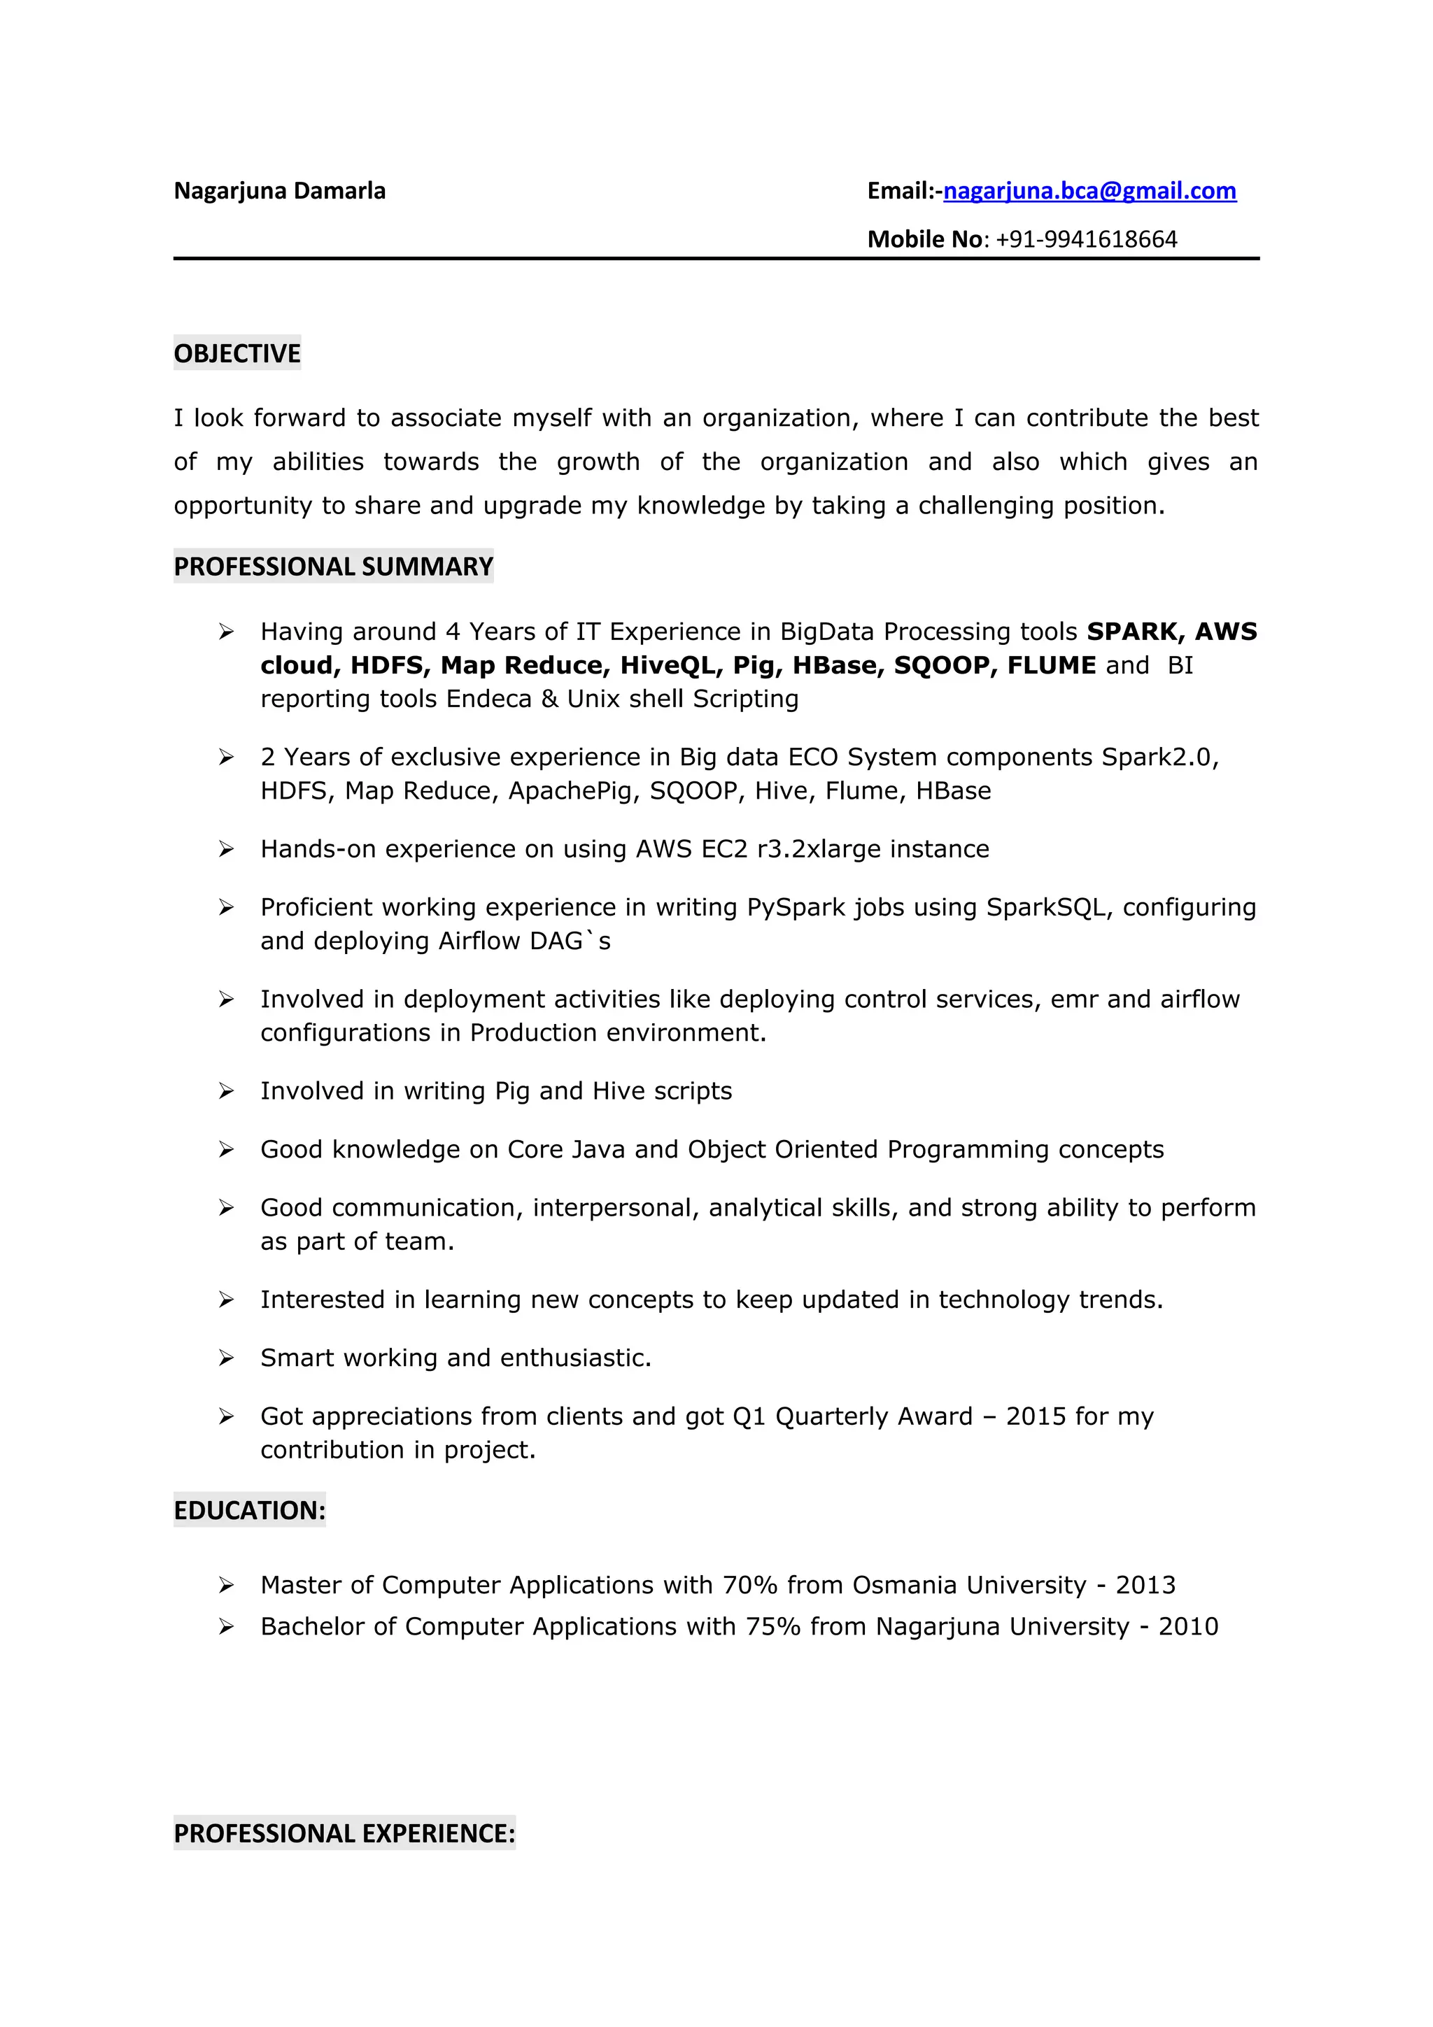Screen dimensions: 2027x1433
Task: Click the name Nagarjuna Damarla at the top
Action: [279, 191]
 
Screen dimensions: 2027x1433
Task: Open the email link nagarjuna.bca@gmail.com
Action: [1089, 191]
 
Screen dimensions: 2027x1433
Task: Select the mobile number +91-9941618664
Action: [1086, 239]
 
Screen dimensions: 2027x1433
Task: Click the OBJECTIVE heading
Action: [237, 353]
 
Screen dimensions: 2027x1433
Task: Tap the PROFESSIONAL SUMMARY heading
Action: [333, 566]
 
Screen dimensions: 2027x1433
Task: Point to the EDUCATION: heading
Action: [249, 1511]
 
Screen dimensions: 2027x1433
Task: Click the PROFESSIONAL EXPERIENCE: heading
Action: [344, 1834]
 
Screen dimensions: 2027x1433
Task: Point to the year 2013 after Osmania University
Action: [1145, 1586]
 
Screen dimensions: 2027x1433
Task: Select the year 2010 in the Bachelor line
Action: [1187, 1627]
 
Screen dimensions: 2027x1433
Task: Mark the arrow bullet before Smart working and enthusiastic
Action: [226, 1358]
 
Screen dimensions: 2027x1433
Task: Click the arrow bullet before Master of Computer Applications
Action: [226, 1586]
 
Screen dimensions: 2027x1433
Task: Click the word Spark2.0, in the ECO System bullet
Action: [1159, 758]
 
